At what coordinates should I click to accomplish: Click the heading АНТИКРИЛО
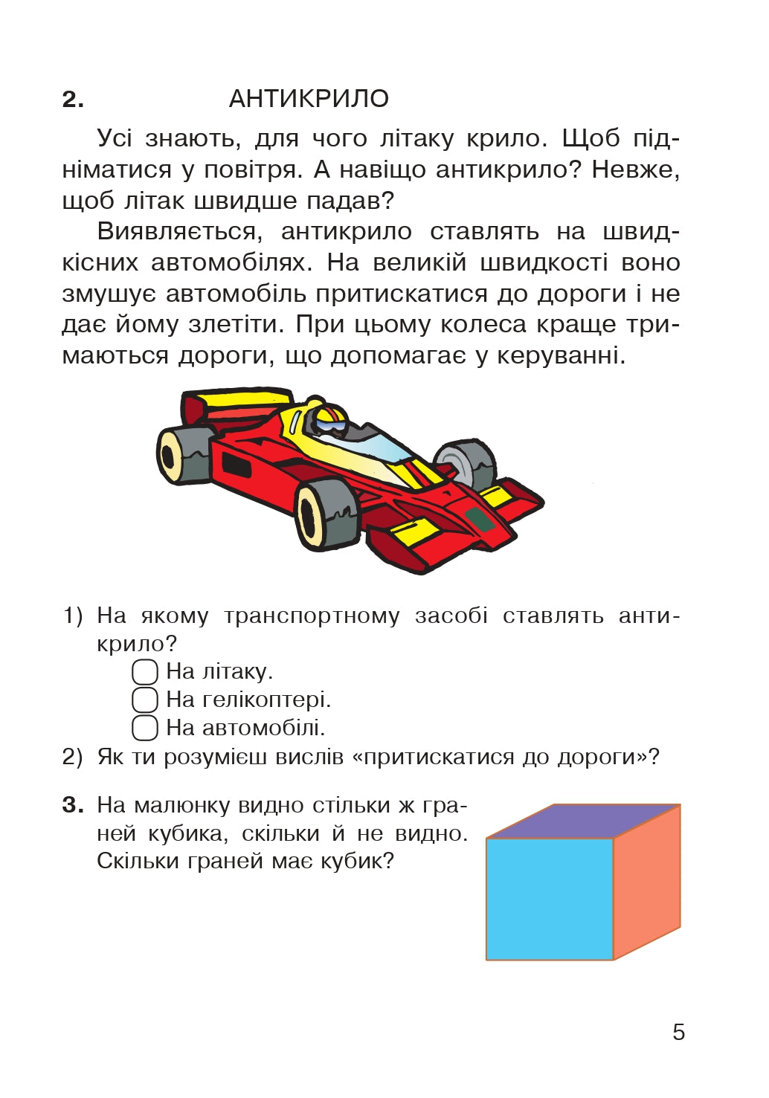click(309, 99)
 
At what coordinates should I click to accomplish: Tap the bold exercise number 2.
click(72, 100)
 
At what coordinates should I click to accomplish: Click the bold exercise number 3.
click(72, 805)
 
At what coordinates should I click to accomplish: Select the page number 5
click(678, 1032)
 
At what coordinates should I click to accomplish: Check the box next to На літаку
click(145, 671)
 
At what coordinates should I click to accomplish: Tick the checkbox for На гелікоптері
click(145, 700)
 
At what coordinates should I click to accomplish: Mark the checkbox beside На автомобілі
click(145, 728)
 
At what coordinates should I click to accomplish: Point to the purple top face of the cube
click(584, 821)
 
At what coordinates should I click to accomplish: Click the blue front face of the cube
click(549, 899)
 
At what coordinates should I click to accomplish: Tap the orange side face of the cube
click(646, 880)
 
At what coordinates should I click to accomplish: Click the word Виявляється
click(180, 232)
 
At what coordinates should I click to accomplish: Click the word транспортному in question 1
click(312, 616)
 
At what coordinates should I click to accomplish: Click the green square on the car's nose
click(480, 519)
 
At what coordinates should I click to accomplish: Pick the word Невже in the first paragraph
click(634, 170)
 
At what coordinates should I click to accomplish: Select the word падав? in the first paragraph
click(356, 201)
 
